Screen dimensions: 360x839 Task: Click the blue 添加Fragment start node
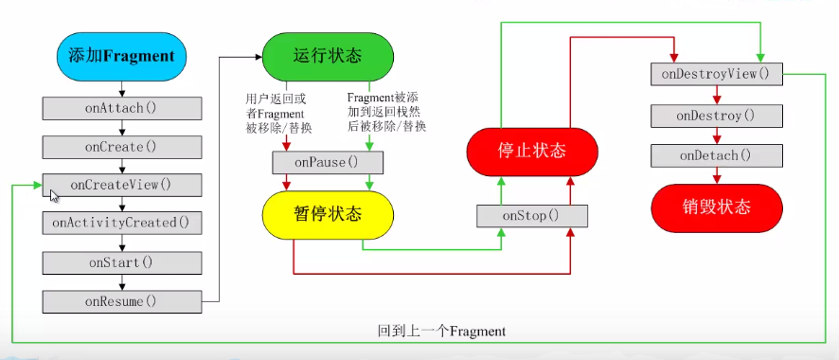121,56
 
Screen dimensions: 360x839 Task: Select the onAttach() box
121,108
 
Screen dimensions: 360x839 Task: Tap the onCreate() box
121,147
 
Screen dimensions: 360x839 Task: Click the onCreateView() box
121,184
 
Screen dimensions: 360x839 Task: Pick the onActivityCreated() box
121,223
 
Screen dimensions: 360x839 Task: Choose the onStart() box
121,262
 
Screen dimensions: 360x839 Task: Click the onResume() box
121,301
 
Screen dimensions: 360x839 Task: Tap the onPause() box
327,163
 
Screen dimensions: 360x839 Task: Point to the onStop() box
531,216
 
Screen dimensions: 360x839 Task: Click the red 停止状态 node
531,152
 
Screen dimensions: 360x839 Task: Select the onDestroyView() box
717,74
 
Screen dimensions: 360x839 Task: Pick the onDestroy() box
717,116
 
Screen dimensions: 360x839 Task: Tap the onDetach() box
717,155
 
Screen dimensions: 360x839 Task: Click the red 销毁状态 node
717,207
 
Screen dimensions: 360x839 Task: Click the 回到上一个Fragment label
441,332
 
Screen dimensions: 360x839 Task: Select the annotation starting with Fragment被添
386,113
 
